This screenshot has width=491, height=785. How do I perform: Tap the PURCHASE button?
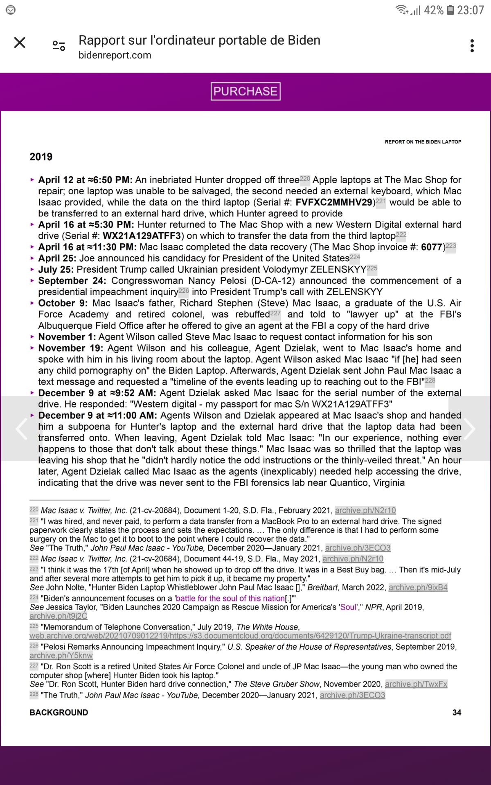tap(245, 91)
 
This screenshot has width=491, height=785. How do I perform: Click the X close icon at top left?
tap(20, 43)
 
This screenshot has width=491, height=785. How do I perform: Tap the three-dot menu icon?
tap(472, 46)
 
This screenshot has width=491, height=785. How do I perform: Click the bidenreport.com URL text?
tap(115, 55)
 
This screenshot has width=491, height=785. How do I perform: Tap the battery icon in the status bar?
tap(450, 10)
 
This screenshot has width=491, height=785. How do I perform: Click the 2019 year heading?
tap(41, 157)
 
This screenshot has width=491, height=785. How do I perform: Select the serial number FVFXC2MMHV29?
tap(334, 202)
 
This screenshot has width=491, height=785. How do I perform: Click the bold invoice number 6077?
tap(432, 247)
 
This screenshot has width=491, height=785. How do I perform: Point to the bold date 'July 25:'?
tap(56, 269)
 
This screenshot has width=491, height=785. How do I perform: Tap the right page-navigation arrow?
tap(469, 428)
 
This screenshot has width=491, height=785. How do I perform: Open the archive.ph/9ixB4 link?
tap(418, 588)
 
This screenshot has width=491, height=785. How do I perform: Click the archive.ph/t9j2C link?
tap(58, 616)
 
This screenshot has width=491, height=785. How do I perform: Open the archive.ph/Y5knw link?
tap(61, 656)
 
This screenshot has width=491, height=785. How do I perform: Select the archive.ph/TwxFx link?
tap(416, 684)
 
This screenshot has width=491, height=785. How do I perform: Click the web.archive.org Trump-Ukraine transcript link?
tap(240, 636)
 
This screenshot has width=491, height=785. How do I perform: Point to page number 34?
tap(457, 713)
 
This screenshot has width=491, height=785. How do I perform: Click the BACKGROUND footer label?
tap(59, 713)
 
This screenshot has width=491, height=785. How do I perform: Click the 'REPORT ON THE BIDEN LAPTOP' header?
tap(423, 142)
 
